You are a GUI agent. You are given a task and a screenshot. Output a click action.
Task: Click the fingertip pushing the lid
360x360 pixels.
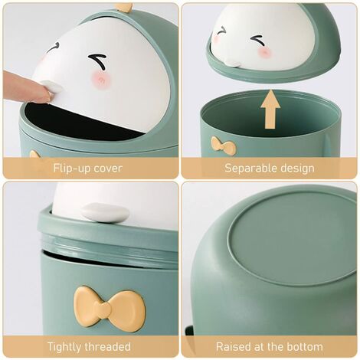click(x=38, y=90)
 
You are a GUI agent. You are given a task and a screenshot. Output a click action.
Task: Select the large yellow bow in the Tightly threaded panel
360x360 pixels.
click(x=110, y=309)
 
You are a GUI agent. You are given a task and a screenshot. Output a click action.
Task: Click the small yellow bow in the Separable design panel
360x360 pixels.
click(x=224, y=145)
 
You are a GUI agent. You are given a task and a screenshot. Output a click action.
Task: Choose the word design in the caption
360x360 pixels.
click(x=296, y=168)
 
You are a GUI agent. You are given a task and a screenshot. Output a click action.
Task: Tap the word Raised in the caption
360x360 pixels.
click(x=234, y=347)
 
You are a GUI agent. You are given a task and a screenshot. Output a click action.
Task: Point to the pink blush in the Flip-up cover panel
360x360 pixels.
click(x=100, y=80)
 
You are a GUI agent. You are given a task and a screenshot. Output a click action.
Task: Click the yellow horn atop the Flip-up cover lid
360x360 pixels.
click(x=124, y=8)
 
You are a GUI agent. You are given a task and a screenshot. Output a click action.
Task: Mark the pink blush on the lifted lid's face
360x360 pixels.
click(x=264, y=52)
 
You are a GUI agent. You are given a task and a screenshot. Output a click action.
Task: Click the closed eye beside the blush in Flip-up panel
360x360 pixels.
click(x=97, y=61)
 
